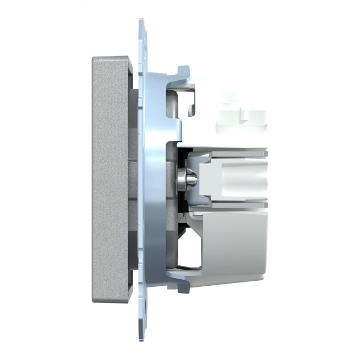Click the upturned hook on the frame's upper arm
coord(182,72)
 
